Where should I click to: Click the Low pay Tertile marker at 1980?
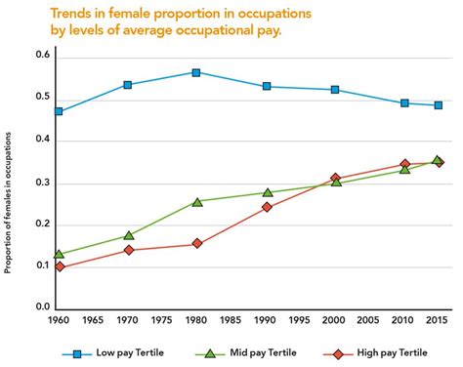coord(196,72)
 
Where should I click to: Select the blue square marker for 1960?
coord(59,111)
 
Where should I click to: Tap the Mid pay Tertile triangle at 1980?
coord(196,202)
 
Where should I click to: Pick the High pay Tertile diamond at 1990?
coord(267,207)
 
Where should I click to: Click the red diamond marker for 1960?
coord(59,266)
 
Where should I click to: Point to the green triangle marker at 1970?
coord(128,235)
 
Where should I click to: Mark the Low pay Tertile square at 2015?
coord(438,105)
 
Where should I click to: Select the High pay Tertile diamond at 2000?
coord(335,179)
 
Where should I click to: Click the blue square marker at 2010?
coord(403,102)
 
